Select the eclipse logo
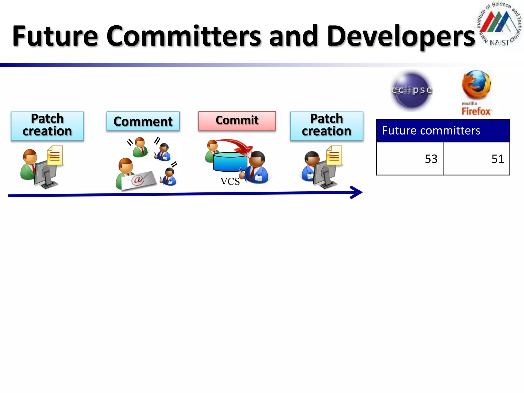pyautogui.click(x=411, y=90)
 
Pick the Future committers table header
pyautogui.click(x=443, y=131)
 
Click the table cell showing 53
pyautogui.click(x=410, y=159)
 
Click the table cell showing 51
pyautogui.click(x=476, y=159)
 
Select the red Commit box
pyautogui.click(x=237, y=121)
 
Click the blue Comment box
pyautogui.click(x=143, y=121)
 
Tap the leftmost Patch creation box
pyautogui.click(x=47, y=126)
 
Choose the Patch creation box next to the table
pyautogui.click(x=326, y=126)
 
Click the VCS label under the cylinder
pyautogui.click(x=230, y=181)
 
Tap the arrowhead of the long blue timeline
pyautogui.click(x=357, y=192)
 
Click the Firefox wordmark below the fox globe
pyautogui.click(x=476, y=112)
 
